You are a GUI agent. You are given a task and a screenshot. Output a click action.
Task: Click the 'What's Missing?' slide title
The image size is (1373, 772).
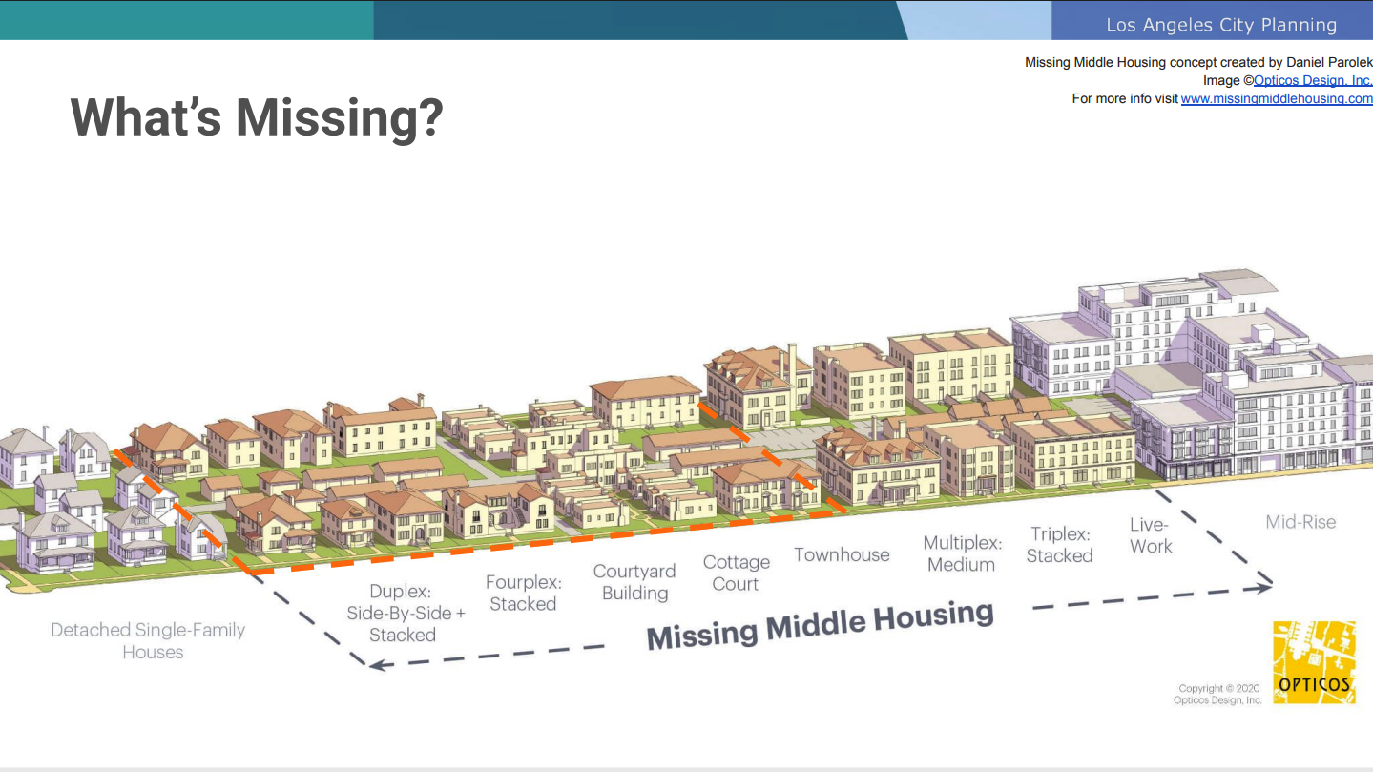coord(257,117)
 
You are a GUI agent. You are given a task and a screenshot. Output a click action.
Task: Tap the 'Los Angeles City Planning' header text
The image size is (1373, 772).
coord(1221,25)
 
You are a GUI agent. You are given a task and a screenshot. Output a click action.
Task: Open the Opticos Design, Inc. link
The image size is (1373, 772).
coord(1312,80)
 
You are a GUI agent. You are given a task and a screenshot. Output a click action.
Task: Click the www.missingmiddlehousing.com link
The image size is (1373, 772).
coord(1276,98)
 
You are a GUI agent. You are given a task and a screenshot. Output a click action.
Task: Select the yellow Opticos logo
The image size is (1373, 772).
coord(1314,662)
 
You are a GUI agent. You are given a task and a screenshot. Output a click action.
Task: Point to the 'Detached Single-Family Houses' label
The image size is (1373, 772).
coord(148,640)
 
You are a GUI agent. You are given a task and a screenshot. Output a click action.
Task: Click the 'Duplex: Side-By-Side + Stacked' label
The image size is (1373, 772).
coord(406,613)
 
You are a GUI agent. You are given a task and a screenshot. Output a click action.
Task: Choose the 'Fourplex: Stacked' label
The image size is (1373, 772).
coord(524,593)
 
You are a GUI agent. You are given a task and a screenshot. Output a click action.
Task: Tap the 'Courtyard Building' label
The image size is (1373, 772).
coord(634,582)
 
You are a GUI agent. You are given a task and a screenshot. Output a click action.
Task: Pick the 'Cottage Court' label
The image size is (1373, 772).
coord(737,573)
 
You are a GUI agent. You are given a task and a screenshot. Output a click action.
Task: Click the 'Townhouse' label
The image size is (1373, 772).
coord(842,554)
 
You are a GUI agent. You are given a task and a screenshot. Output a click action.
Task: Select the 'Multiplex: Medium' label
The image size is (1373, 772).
coord(963,553)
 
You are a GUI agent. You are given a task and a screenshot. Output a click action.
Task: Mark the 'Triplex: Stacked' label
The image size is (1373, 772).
coord(1060,545)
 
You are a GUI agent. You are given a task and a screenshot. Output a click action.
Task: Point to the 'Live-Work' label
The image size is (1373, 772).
coord(1151,535)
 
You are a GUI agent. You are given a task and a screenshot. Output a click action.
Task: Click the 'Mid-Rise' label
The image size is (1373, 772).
coord(1300,522)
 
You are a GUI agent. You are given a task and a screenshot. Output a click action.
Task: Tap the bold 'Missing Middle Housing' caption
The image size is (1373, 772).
coord(821,625)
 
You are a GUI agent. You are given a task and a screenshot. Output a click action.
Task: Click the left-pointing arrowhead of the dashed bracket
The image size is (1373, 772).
coord(379,664)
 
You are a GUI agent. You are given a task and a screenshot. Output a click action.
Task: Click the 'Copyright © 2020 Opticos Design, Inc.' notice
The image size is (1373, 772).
coord(1217,694)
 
